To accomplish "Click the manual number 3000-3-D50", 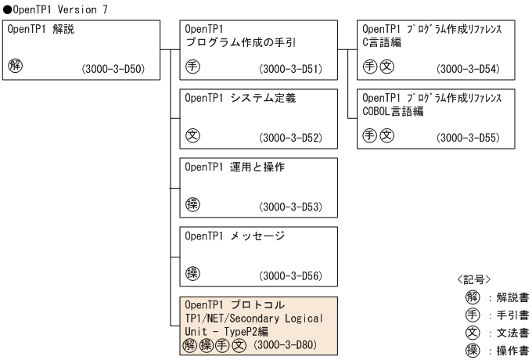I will click(117, 70).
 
